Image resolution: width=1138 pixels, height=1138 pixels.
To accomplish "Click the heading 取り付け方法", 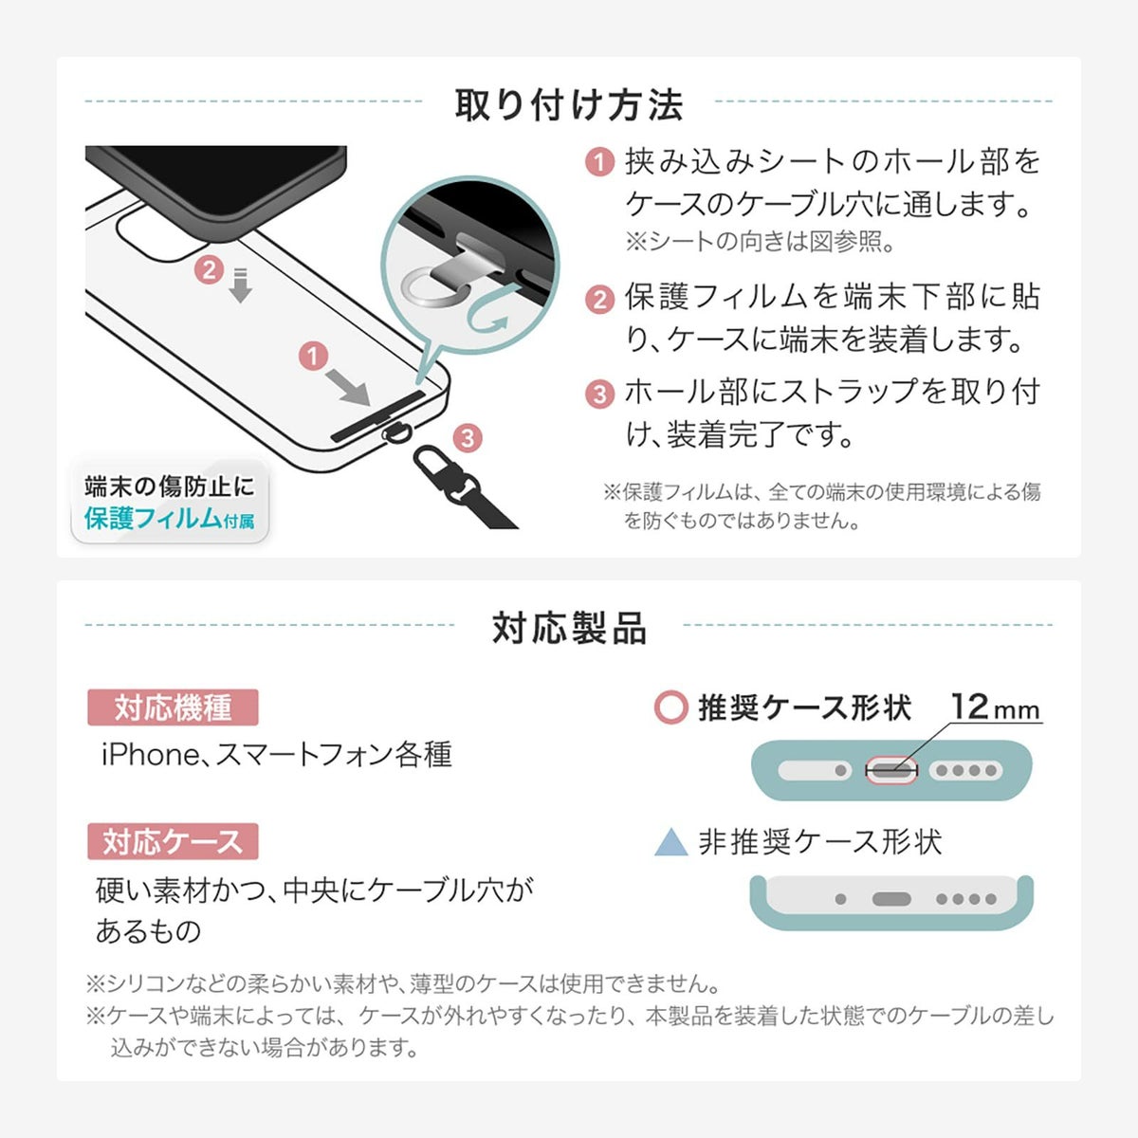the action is click(x=569, y=105).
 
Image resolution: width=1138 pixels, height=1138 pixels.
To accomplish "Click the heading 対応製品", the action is click(x=569, y=628).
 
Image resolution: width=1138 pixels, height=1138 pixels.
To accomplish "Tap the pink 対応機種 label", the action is click(x=173, y=707).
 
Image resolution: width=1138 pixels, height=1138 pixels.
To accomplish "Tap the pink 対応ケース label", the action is click(x=173, y=841).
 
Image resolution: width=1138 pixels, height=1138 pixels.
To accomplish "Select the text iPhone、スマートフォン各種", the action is click(x=276, y=754).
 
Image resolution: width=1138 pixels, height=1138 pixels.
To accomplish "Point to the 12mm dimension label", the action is click(x=995, y=707).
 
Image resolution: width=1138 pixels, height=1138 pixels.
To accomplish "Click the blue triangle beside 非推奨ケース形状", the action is click(x=671, y=842).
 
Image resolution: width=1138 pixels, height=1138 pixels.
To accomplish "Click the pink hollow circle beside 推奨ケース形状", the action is click(x=671, y=707).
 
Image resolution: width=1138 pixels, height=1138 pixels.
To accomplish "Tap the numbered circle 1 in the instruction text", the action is click(x=600, y=162).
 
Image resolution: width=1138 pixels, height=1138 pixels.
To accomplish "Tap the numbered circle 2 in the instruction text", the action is click(x=600, y=300).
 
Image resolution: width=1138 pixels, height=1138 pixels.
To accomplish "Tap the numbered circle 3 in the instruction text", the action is click(x=600, y=394).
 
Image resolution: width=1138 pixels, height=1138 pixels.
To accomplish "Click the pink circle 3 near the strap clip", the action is click(x=468, y=438).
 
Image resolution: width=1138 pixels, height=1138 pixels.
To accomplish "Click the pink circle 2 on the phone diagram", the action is click(x=209, y=270).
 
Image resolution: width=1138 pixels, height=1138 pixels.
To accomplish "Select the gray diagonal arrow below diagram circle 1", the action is click(x=348, y=388).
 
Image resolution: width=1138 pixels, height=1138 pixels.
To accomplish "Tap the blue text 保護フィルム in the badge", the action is click(x=153, y=518).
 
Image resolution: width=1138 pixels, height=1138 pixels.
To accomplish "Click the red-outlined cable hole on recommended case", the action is click(x=891, y=770).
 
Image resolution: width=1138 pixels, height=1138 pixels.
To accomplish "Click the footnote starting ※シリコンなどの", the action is click(x=403, y=983).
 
